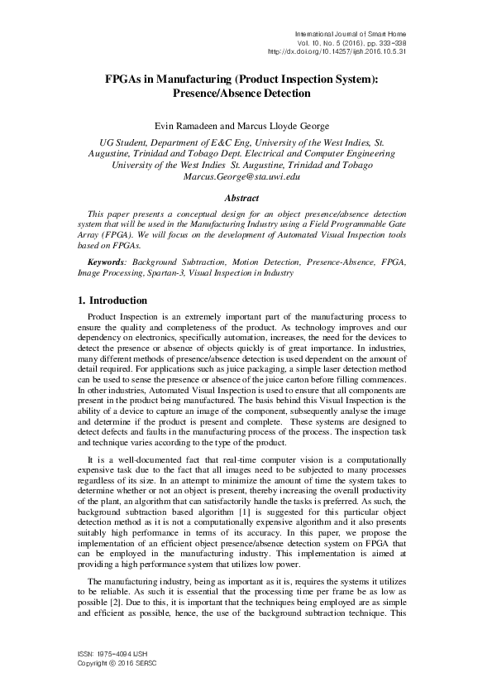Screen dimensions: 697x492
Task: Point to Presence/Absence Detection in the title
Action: coord(242,94)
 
